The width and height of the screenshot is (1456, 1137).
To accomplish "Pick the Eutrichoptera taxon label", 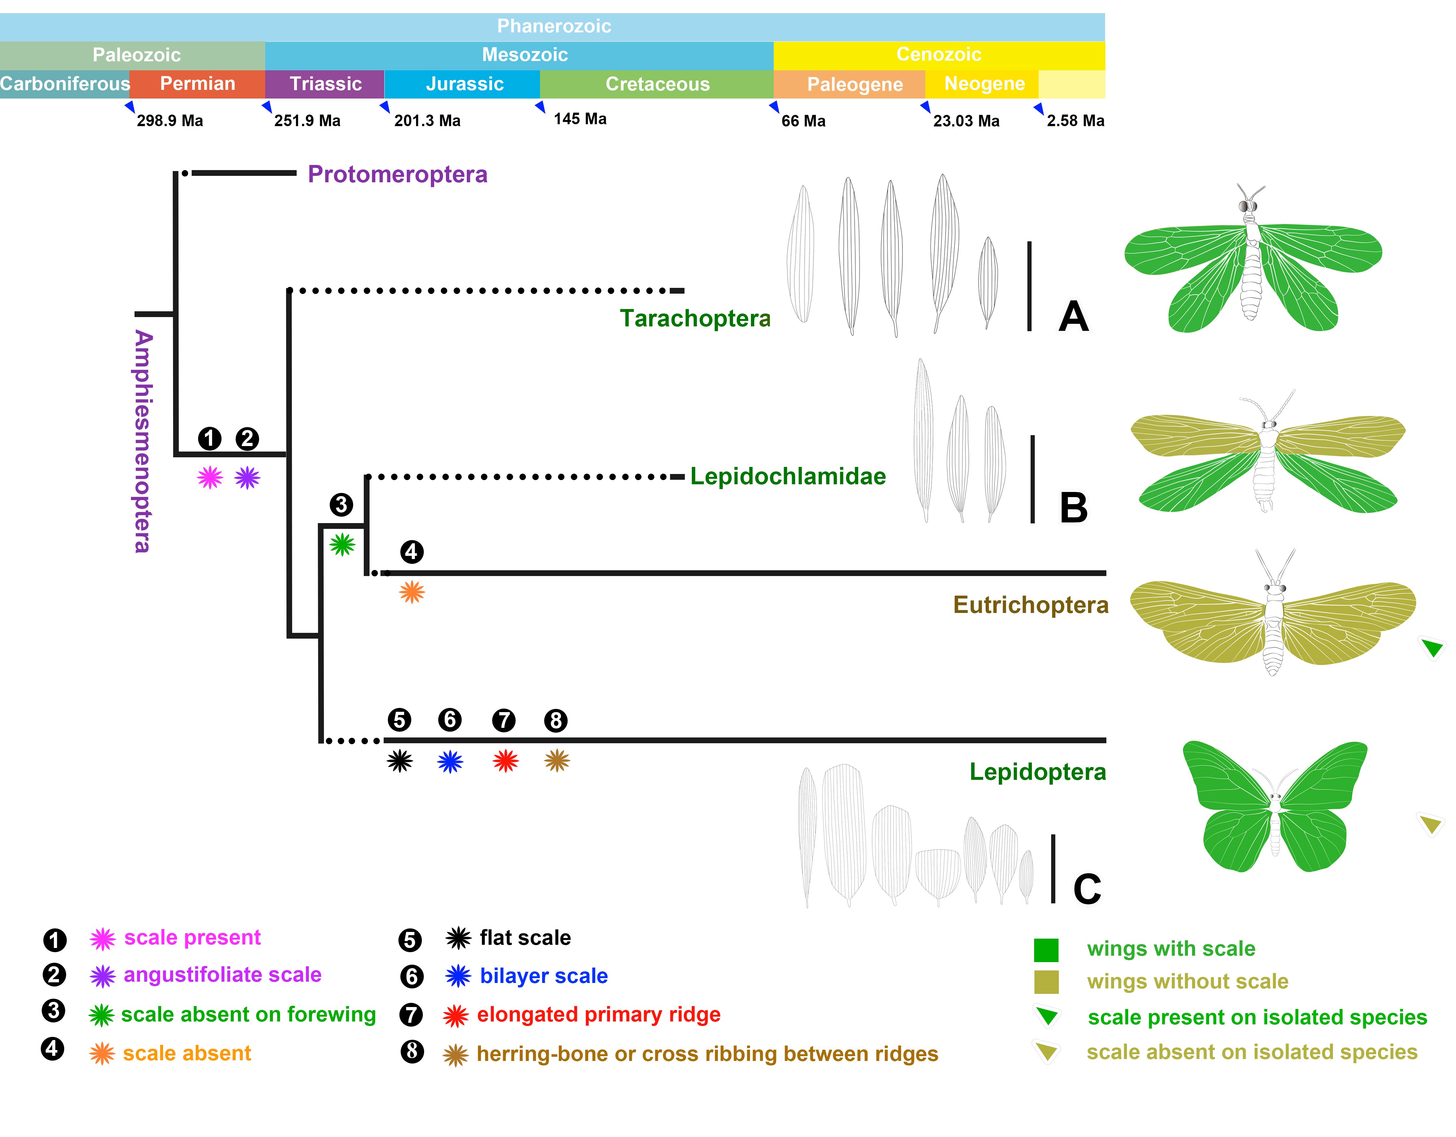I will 1030,605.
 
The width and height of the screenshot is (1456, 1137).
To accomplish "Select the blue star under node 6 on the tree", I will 450,761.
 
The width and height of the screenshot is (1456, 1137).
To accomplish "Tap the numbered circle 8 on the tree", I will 555,720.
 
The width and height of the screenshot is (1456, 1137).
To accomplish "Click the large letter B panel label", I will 1073,508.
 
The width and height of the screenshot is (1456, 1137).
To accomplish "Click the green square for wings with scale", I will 1045,950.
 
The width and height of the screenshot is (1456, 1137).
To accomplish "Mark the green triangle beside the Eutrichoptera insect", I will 1431,646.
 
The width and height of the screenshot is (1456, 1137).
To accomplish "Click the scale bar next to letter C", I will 1053,868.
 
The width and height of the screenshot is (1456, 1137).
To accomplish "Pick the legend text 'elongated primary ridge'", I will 598,1014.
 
